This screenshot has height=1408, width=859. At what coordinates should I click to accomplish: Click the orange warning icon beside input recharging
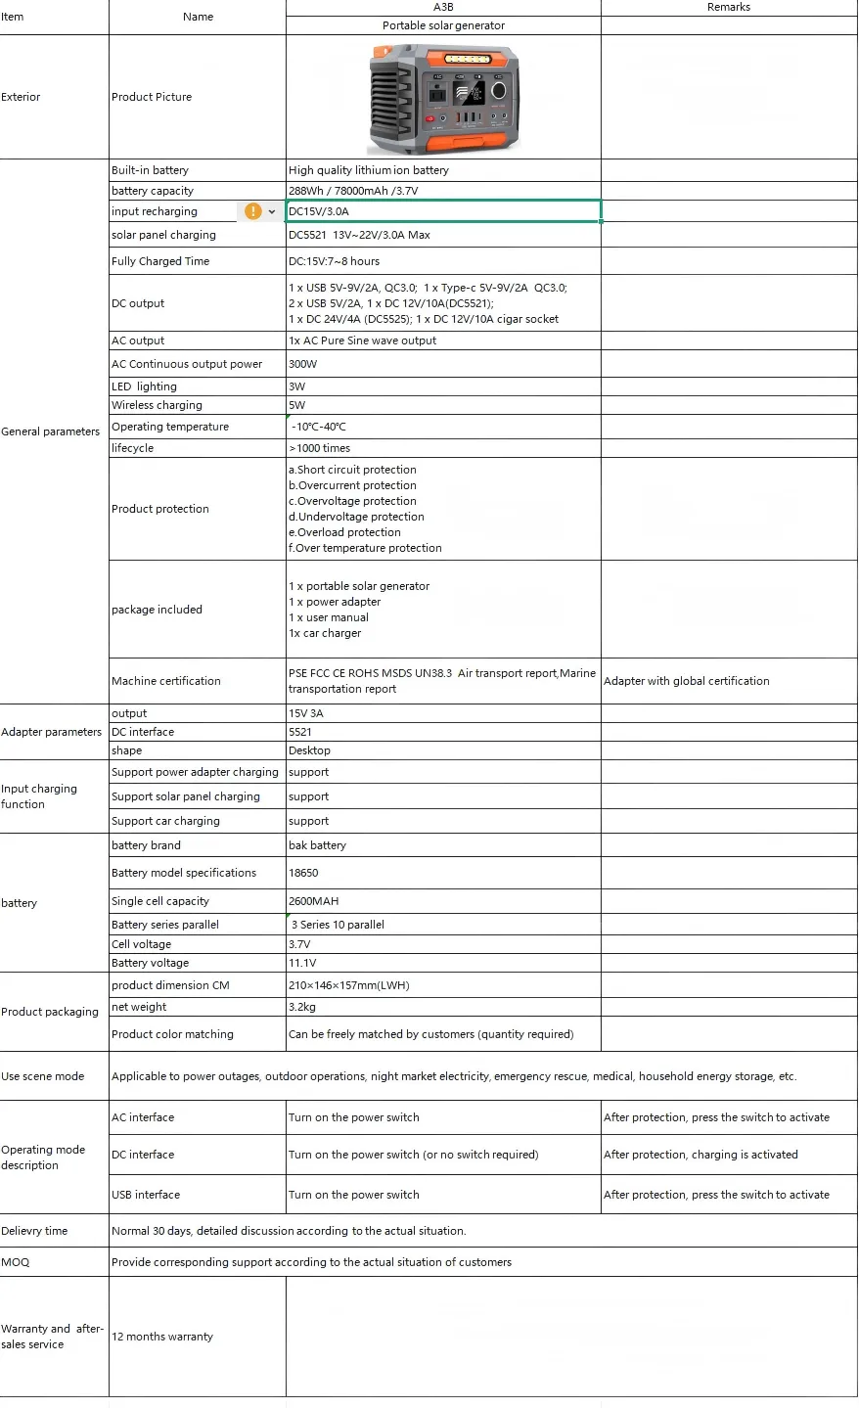pos(252,211)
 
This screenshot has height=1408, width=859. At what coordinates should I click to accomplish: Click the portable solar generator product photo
pos(443,98)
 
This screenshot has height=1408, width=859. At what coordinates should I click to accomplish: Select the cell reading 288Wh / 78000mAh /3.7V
pos(353,191)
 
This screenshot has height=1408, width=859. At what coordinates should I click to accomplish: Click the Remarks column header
pos(728,7)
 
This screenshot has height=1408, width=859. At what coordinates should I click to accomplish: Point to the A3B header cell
pos(443,7)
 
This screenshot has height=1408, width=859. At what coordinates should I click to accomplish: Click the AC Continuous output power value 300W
pos(303,364)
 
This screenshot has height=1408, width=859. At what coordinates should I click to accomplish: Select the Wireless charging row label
pos(157,405)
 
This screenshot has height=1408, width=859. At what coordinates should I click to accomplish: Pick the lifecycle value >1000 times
pos(320,448)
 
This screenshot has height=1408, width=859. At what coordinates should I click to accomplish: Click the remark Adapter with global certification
pos(687,681)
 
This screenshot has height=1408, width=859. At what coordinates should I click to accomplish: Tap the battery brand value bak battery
pos(317,845)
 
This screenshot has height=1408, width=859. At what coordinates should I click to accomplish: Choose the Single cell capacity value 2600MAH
pos(314,901)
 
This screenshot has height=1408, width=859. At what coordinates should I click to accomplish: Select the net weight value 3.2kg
pos(302,1007)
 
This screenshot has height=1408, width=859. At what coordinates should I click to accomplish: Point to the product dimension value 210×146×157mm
pos(349,985)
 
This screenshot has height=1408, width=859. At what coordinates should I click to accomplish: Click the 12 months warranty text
pos(162,1337)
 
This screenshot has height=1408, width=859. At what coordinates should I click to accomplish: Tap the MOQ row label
pos(16,1262)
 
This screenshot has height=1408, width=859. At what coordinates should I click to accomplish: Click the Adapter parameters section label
pos(52,732)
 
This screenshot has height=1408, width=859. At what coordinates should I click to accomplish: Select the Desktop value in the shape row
pos(309,750)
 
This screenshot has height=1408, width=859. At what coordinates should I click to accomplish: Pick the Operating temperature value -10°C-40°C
pos(319,427)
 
